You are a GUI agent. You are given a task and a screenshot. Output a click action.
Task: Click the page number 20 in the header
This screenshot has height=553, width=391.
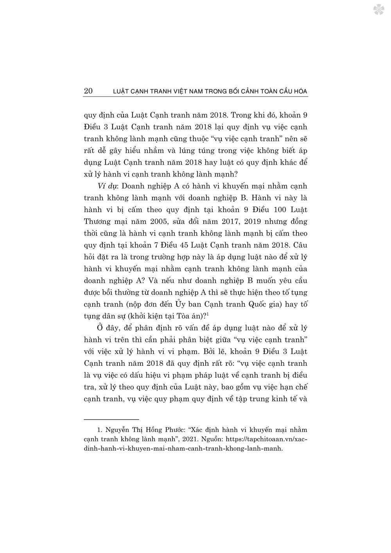point(88,91)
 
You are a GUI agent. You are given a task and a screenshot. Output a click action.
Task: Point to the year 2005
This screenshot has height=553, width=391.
point(150,221)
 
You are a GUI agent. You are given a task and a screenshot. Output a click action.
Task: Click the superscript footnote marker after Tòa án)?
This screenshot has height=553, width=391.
point(208,315)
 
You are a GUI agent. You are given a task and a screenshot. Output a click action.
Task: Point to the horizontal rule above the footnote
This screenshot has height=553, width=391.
point(111,419)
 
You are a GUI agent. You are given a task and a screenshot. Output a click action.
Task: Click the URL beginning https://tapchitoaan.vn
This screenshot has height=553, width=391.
point(266,439)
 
